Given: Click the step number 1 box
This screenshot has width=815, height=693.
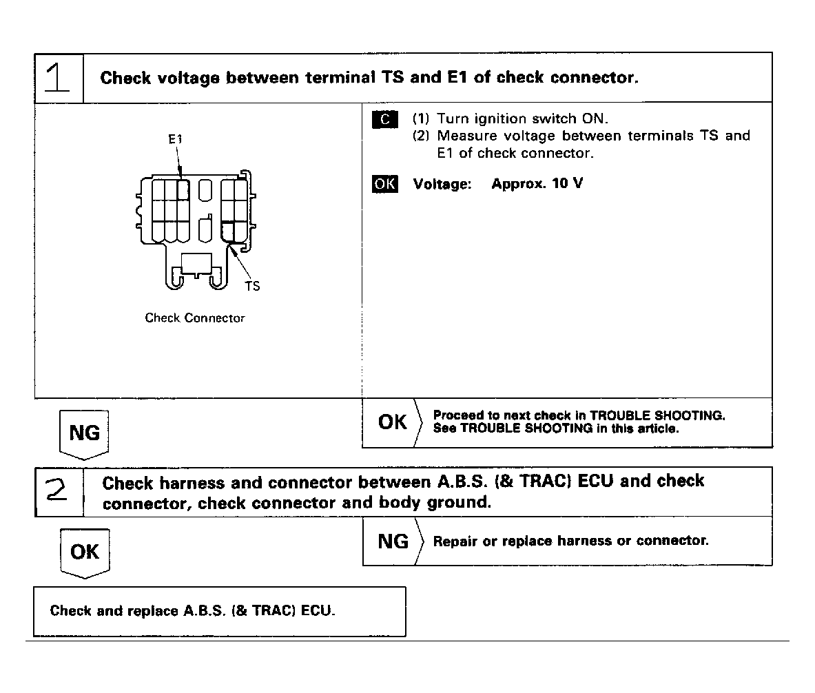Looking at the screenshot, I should pyautogui.click(x=59, y=77).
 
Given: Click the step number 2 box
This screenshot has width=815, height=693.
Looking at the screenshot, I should pyautogui.click(x=59, y=491).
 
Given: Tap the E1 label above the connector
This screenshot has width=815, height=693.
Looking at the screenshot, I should pyautogui.click(x=176, y=139).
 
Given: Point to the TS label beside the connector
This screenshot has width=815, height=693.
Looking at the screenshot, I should pyautogui.click(x=253, y=286).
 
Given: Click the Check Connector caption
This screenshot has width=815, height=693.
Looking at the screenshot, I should pyautogui.click(x=195, y=318).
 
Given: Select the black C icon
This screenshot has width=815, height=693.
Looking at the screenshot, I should pyautogui.click(x=385, y=119).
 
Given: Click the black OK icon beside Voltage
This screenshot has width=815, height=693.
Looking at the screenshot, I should pyautogui.click(x=384, y=185).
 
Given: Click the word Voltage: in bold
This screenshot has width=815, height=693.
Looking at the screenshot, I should pyautogui.click(x=442, y=185).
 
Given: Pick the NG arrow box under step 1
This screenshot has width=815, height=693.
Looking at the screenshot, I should pyautogui.click(x=84, y=433).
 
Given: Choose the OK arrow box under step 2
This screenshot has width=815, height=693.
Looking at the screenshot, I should pyautogui.click(x=85, y=552).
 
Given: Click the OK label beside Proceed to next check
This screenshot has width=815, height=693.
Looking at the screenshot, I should pyautogui.click(x=392, y=422).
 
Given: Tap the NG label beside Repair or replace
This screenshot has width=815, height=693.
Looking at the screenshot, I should pyautogui.click(x=393, y=541).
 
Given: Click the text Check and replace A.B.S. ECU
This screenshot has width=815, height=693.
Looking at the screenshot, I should pyautogui.click(x=193, y=611).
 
